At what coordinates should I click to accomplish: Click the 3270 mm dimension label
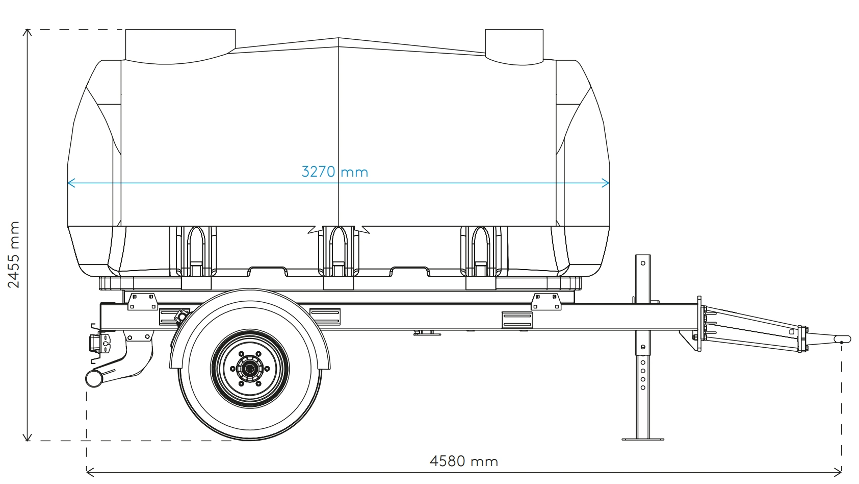335,172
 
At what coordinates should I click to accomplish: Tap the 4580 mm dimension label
463,461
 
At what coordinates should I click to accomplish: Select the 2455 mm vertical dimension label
14,254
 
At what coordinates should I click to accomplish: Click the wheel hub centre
250,369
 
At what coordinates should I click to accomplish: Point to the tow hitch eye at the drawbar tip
842,339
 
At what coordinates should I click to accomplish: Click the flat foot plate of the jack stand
643,439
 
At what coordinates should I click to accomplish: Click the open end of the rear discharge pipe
92,379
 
